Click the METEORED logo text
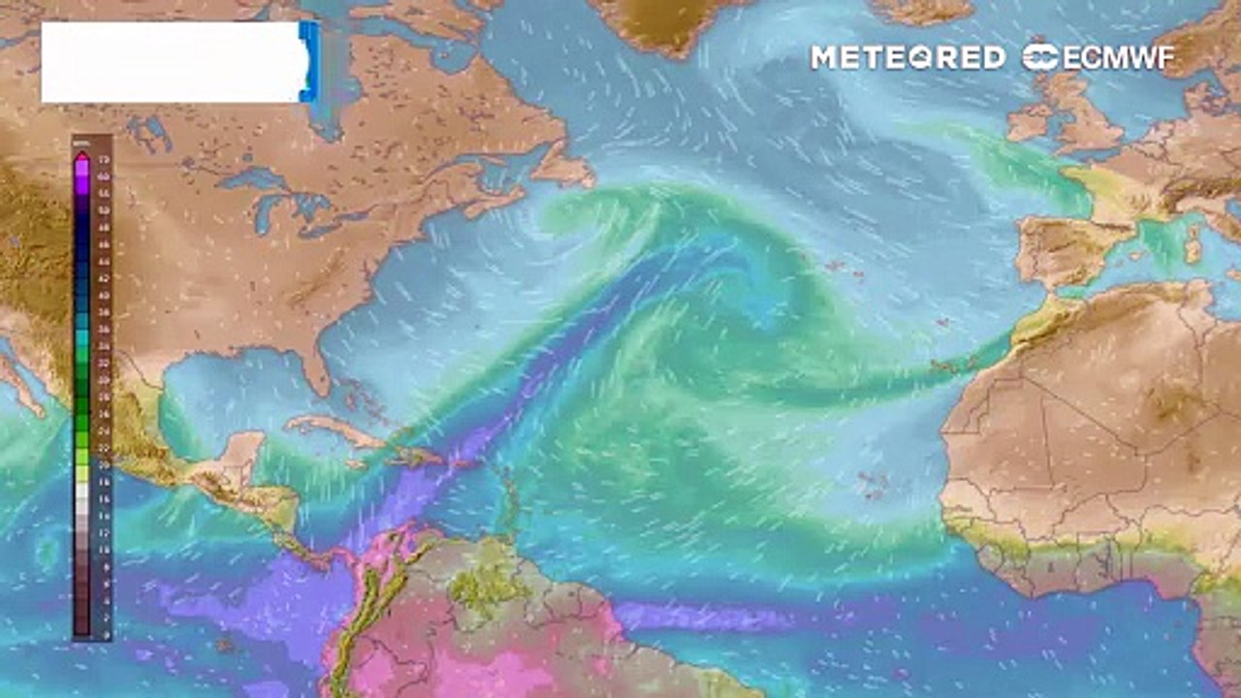pyautogui.click(x=907, y=58)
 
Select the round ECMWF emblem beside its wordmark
pyautogui.click(x=1040, y=57)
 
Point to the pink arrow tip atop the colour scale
pyautogui.click(x=82, y=155)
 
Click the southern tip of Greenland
pyautogui.click(x=669, y=44)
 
